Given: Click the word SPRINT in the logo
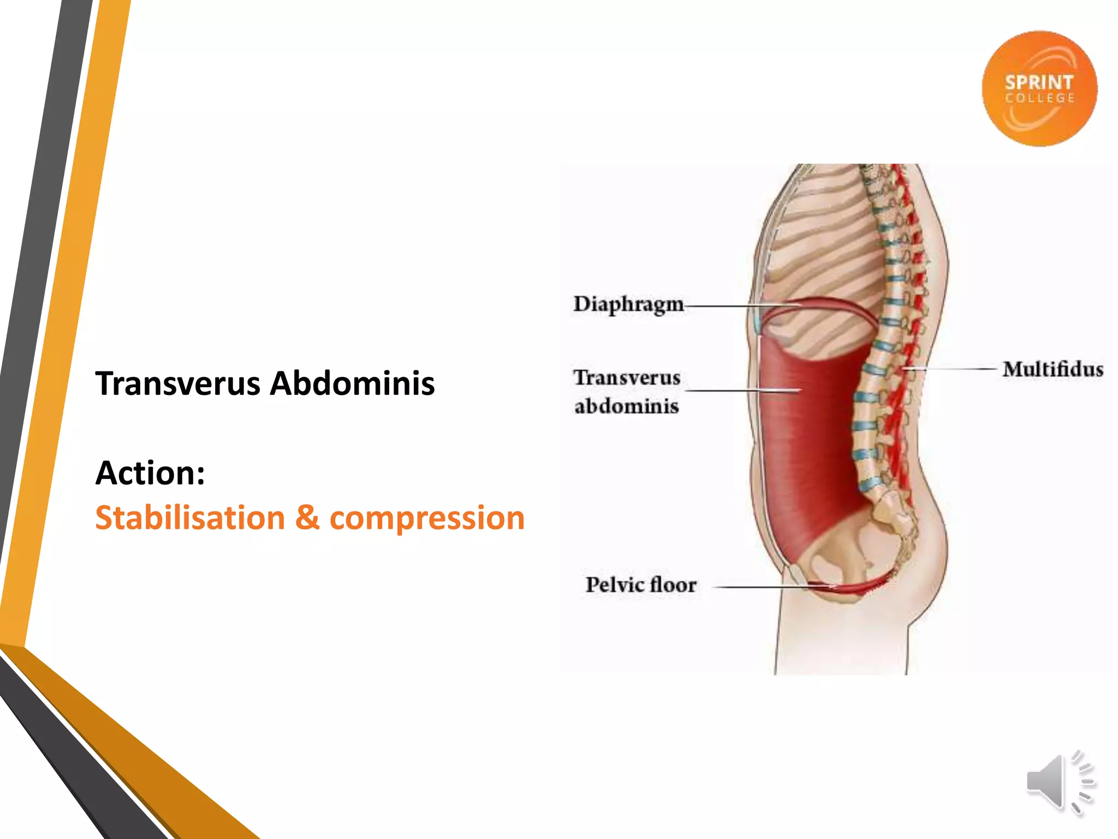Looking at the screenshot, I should pyautogui.click(x=1039, y=82).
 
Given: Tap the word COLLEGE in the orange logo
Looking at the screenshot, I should pyautogui.click(x=1040, y=98).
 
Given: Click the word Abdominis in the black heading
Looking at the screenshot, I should pyautogui.click(x=353, y=383).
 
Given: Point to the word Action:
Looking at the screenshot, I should pyautogui.click(x=150, y=473).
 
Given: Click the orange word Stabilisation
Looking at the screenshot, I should pyautogui.click(x=190, y=518).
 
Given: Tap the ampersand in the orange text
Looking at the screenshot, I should pyautogui.click(x=307, y=518).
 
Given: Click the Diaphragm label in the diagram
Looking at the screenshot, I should pyautogui.click(x=628, y=304).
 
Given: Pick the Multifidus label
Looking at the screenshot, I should pyautogui.click(x=1052, y=370).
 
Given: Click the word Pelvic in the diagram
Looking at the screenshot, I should pyautogui.click(x=614, y=585).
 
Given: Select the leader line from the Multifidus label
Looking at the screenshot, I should pyautogui.click(x=950, y=369).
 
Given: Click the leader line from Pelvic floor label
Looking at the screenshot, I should pyautogui.click(x=764, y=587).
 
